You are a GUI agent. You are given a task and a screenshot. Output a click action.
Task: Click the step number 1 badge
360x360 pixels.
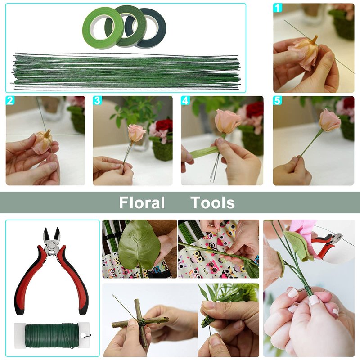click(278, 8)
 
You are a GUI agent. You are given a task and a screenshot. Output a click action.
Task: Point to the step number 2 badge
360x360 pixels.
click(10, 100)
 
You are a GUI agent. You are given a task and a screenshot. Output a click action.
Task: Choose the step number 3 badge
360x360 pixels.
click(97, 100)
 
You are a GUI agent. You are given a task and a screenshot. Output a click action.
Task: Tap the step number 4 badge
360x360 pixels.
click(185, 100)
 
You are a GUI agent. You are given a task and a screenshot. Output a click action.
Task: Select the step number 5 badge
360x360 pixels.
click(277, 100)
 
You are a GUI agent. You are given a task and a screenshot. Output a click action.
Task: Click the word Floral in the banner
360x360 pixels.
click(142, 202)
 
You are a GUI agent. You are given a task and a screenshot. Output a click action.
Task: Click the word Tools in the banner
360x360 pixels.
click(212, 202)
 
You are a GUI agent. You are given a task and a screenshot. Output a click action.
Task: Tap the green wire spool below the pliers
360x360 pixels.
click(53, 336)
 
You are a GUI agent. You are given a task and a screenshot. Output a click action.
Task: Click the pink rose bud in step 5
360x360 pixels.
click(330, 120)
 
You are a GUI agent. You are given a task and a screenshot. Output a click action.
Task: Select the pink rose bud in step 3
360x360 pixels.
click(137, 133)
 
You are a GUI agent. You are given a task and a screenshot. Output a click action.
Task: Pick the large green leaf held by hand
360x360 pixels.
click(139, 247)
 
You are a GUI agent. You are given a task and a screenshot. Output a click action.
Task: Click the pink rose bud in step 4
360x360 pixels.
click(228, 121)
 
